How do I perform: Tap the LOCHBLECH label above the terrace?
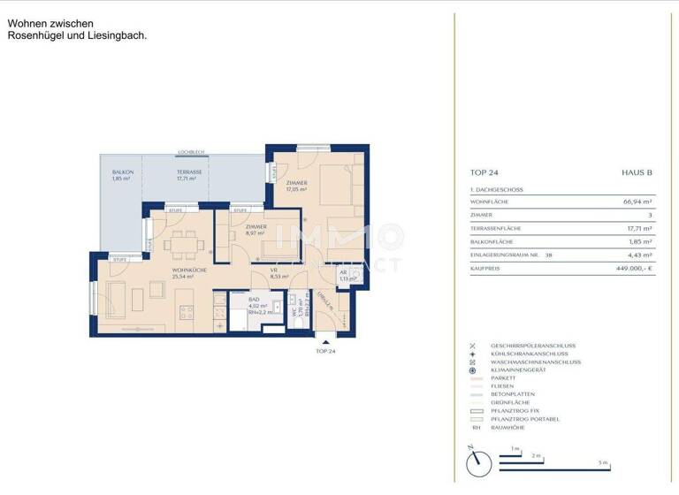[x=191, y=151]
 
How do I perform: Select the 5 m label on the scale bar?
[x=602, y=463]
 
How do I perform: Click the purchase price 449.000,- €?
[x=632, y=266]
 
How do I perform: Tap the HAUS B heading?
[x=637, y=173]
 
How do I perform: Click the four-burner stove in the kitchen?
[x=187, y=311]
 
